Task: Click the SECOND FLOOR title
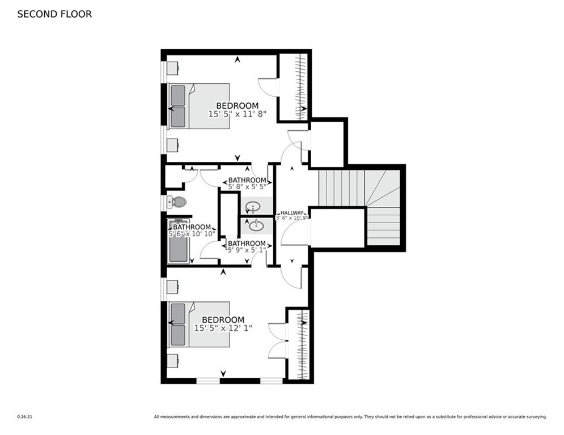coord(54,14)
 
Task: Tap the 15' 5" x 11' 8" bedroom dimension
coord(237,114)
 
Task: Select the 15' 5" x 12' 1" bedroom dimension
coord(223,328)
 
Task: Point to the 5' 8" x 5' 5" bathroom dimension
coord(247,186)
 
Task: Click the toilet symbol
coord(177,202)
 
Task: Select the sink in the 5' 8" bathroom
coord(253,207)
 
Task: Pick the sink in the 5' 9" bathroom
coord(256,226)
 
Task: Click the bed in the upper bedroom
coord(198,106)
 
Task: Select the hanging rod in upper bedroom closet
coord(297,86)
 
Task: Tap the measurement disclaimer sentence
coord(350,417)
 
